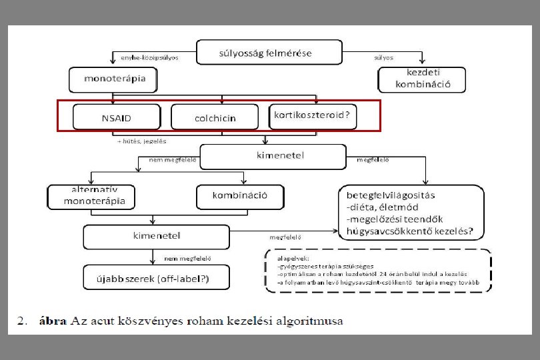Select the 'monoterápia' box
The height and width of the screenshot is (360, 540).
tap(112, 80)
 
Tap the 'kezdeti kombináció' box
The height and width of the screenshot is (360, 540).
tap(421, 79)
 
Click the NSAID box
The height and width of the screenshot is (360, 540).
tap(117, 117)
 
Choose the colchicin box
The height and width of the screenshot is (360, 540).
tap(215, 117)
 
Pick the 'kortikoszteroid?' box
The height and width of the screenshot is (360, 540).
tap(312, 115)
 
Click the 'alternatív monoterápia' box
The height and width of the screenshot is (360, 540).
tap(91, 196)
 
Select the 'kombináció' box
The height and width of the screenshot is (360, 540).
tap(241, 196)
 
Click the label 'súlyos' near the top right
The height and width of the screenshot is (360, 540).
tap(384, 57)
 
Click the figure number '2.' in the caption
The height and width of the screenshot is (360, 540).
tap(22, 321)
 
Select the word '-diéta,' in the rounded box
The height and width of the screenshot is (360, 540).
tap(362, 207)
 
